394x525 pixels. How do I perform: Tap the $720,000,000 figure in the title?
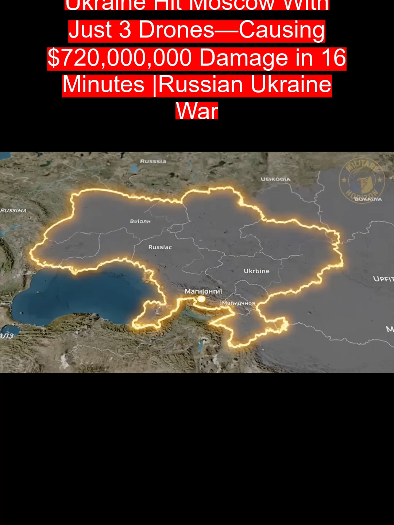(x=120, y=58)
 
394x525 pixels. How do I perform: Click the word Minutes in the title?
(x=104, y=85)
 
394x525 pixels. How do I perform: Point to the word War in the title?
(x=197, y=111)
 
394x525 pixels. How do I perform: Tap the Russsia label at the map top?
(x=153, y=161)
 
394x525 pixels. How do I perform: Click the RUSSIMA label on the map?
(x=13, y=211)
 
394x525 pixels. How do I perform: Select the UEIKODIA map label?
(x=275, y=179)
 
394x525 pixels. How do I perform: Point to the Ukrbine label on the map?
(x=256, y=271)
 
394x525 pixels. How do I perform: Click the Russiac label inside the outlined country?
(x=160, y=247)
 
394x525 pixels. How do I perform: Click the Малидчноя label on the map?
(x=239, y=303)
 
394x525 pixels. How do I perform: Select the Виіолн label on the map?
(x=140, y=221)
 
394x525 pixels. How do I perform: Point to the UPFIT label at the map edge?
(x=383, y=279)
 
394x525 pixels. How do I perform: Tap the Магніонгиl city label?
(x=203, y=291)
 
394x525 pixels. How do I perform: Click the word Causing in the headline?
(x=282, y=30)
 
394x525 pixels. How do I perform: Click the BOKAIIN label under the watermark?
(x=368, y=199)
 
